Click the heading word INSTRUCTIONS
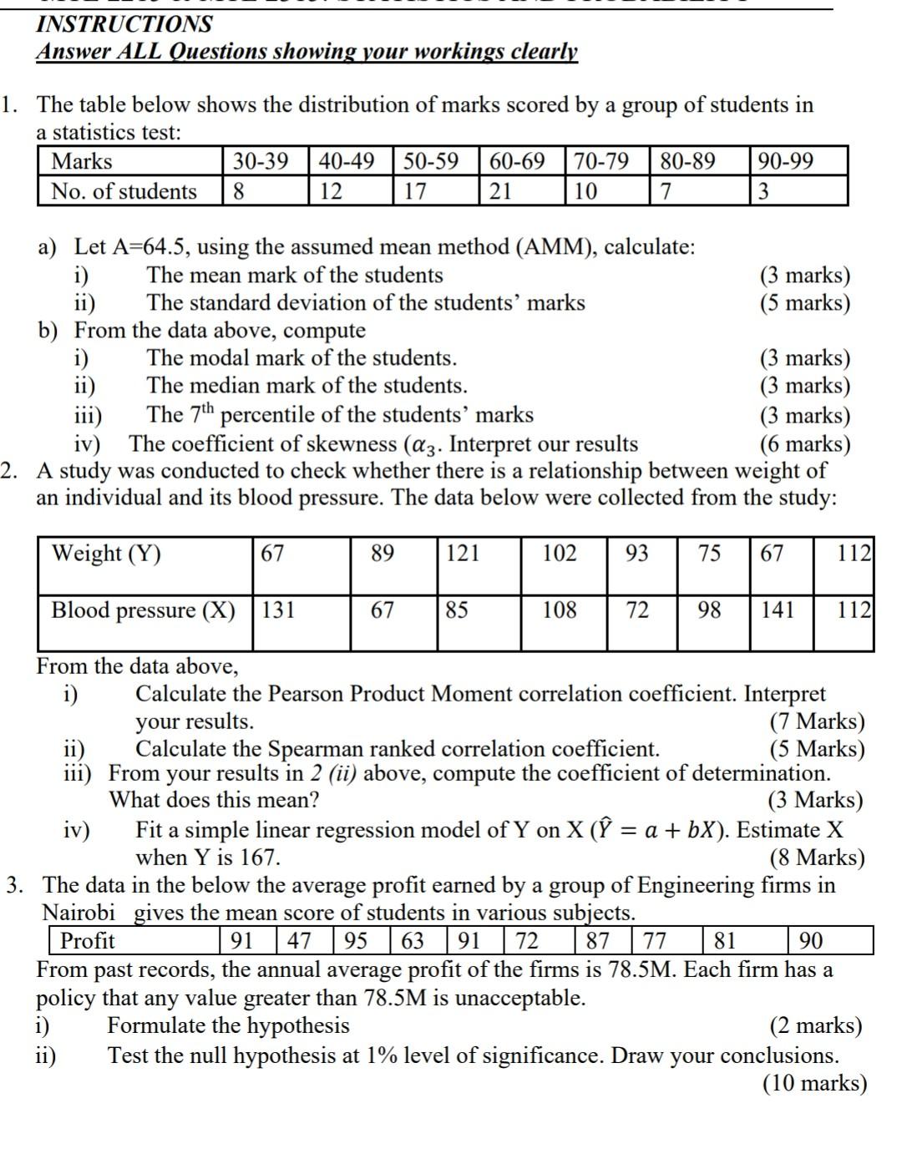tap(124, 23)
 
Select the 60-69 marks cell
tap(517, 161)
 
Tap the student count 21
tap(500, 191)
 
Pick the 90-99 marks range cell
tap(785, 161)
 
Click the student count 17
tap(415, 191)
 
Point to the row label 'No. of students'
tap(124, 191)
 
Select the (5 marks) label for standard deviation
tap(804, 302)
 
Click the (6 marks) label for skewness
tap(804, 443)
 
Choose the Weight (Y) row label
tap(106, 554)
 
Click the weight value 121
tap(463, 554)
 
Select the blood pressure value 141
tap(777, 610)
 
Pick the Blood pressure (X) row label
tap(143, 610)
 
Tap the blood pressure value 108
tap(559, 610)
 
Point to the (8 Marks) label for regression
tap(816, 858)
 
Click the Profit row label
tap(87, 941)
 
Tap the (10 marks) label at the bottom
tap(814, 1083)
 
